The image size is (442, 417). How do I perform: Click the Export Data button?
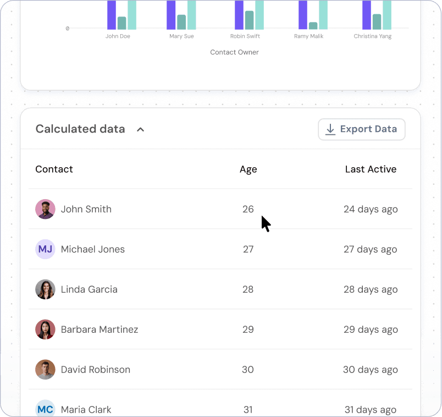coord(362,129)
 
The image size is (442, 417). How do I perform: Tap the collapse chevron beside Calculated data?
coord(140,129)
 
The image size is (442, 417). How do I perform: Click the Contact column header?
coord(54,169)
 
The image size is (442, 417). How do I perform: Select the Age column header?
coord(248,169)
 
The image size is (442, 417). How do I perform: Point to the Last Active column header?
coord(371,169)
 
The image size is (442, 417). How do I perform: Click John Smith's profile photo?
coord(45,209)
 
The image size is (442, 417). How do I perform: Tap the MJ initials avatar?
coord(45,249)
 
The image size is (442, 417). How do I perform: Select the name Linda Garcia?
coord(89,289)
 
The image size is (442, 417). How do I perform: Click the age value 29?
coord(248,330)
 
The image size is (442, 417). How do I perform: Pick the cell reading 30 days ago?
coord(370,370)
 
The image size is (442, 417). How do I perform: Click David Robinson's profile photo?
coord(45,370)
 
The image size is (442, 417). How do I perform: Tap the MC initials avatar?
coord(45,409)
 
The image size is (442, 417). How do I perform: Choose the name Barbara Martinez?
coord(100,330)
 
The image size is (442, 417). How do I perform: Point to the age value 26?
coord(248,209)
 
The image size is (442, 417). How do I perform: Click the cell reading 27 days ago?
coord(370,249)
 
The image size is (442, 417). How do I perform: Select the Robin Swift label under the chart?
coord(245,36)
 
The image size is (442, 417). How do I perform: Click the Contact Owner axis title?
coord(234,52)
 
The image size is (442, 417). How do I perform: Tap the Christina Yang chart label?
coord(373,36)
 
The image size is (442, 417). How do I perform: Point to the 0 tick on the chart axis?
coord(68,28)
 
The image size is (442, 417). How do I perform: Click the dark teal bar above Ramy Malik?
coord(313,25)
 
